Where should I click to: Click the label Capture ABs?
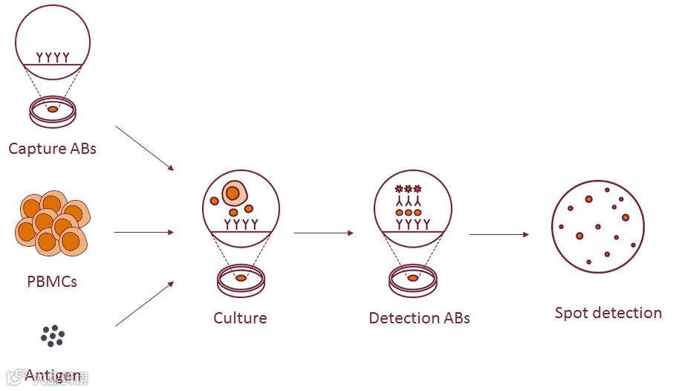(x=52, y=148)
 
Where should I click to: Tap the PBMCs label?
(x=52, y=282)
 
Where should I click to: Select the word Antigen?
(x=53, y=375)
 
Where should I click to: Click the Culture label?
(x=240, y=318)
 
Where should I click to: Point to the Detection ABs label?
(x=419, y=318)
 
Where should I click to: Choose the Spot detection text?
(x=608, y=313)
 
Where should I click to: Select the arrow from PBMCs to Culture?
(x=143, y=233)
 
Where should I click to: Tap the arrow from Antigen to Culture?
(x=144, y=304)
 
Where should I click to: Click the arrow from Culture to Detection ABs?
(x=323, y=233)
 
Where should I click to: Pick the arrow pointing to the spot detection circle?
(x=498, y=235)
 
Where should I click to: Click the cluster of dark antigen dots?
(x=53, y=336)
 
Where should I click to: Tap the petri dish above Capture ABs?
(x=53, y=110)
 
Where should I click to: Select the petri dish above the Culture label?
(x=241, y=279)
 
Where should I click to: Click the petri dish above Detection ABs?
(x=413, y=279)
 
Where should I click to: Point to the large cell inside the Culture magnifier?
(x=233, y=193)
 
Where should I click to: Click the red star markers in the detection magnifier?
(x=408, y=189)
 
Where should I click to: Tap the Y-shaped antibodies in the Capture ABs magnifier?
(x=53, y=56)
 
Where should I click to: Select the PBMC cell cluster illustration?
(x=52, y=223)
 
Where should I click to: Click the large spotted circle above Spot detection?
(x=597, y=226)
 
